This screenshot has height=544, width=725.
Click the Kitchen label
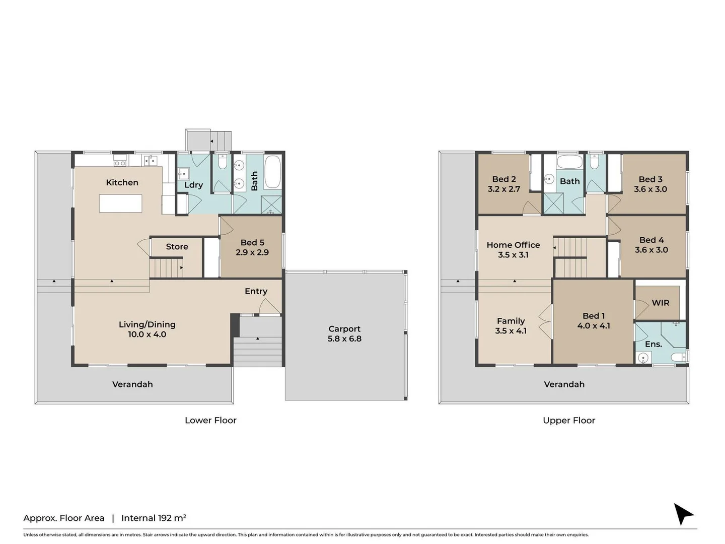coord(122,182)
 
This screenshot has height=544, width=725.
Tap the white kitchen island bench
coord(121,203)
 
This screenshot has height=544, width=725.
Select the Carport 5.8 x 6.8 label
coord(344,333)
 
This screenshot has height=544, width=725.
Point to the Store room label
coord(177,246)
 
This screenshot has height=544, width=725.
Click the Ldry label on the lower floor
coord(193,185)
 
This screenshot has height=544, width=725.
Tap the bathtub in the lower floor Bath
coord(273,172)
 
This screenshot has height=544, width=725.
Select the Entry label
coord(256,291)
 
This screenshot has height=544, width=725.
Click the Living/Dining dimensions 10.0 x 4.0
coord(147,334)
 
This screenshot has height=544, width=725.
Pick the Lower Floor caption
coord(210,420)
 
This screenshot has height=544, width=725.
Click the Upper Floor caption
coord(569,420)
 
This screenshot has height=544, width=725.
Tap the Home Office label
coord(513,245)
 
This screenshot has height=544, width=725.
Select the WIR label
coord(660,303)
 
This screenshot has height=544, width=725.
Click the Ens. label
coord(653,344)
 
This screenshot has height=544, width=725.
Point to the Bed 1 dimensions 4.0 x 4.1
coord(594,326)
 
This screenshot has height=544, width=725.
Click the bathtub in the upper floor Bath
coord(569,163)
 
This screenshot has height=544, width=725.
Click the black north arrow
coord(683,514)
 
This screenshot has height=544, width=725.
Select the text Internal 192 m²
coord(154,518)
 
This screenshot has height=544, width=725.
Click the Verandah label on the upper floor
coord(564,384)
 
